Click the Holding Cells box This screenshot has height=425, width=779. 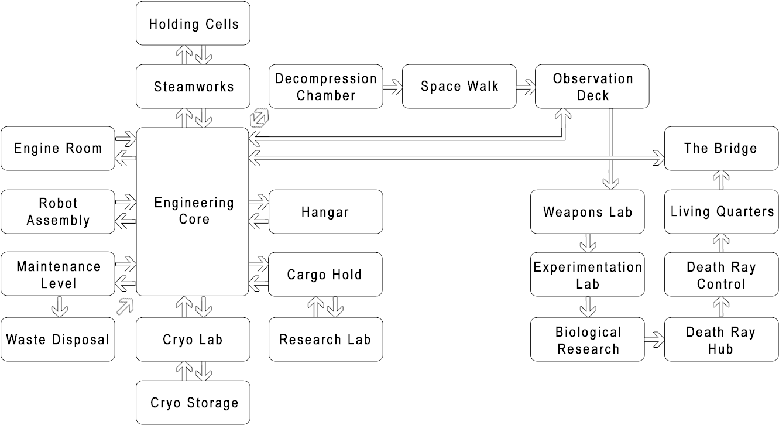pos(194,23)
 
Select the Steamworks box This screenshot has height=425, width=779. pos(194,87)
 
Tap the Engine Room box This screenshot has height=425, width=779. pos(58,148)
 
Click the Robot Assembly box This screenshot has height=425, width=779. pos(58,212)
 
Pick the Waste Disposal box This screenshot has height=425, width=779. pos(58,340)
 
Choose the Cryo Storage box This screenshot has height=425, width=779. pos(194,403)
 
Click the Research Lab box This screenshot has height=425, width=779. pos(325,340)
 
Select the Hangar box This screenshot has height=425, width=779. pos(325,212)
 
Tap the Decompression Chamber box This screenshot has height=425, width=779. pos(326,87)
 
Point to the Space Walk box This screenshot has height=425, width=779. pos(459,87)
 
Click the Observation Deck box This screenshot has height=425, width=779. pos(592,87)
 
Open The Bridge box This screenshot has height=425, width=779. pos(720,148)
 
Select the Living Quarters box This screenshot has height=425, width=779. pos(722,212)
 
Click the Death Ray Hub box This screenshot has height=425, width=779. pos(720,340)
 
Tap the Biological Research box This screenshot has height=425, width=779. pos(588,340)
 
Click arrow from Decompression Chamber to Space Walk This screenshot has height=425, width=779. pos(393,87)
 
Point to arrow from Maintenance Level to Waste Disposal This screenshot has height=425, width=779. pos(59,306)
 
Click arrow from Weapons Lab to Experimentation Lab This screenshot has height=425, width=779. pos(588,242)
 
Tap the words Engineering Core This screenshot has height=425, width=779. pos(194,211)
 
